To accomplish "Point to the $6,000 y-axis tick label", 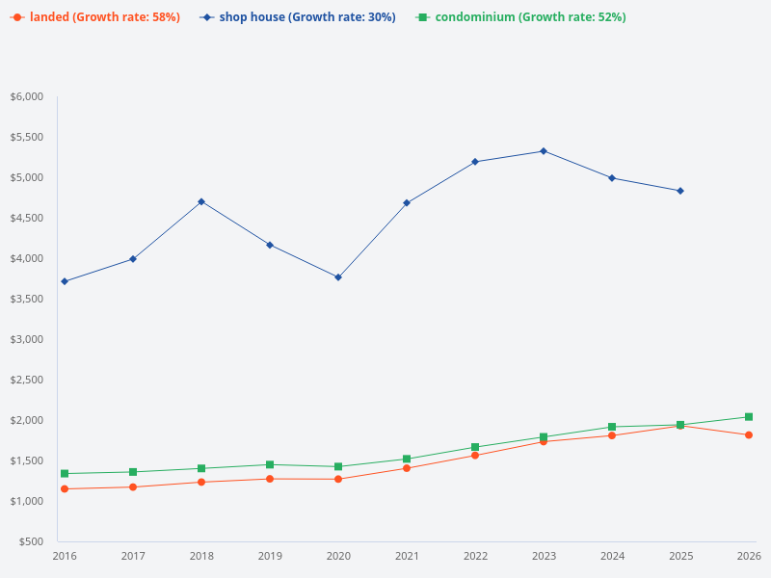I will [27, 96].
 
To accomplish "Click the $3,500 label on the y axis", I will [27, 299].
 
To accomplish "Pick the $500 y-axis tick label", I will [31, 541].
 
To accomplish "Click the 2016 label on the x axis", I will [65, 556].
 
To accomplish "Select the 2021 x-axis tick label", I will [407, 556].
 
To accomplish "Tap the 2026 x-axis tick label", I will [749, 556].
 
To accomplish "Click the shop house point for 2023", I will [544, 151].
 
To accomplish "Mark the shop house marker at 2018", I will [201, 201].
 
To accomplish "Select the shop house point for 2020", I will [338, 277].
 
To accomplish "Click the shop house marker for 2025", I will [680, 191].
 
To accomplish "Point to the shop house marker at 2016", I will [65, 281].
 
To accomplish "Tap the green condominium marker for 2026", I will [749, 417].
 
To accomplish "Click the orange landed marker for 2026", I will [749, 434].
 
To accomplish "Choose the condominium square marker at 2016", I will [65, 474].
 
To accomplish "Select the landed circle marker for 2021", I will [407, 468].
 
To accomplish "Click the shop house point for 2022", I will [475, 162].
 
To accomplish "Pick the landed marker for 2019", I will [270, 479].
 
